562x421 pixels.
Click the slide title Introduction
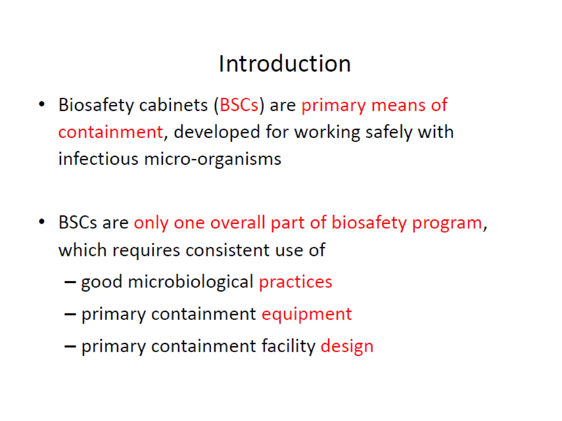coord(285,64)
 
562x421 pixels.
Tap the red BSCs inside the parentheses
coord(239,105)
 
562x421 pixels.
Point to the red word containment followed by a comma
coord(111,132)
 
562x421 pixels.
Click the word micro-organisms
coord(213,159)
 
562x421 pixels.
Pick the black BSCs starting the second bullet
coord(78,223)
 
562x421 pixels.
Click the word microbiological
coord(190,282)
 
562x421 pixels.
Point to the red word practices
coord(296,282)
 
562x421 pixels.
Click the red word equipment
coord(307,314)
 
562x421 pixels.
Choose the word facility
coord(288,346)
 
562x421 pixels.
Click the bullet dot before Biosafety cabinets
coord(42,104)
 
